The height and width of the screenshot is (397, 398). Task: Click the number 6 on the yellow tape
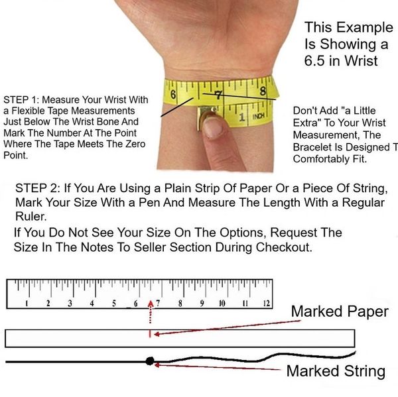click(173, 94)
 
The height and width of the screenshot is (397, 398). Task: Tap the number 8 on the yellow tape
click(263, 91)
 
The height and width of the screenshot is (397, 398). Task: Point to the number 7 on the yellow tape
click(218, 95)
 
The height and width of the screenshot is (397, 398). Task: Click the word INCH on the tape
click(259, 117)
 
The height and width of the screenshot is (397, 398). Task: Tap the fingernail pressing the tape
click(213, 128)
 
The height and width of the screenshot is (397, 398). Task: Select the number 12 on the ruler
click(267, 303)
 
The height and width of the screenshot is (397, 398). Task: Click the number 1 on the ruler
click(27, 304)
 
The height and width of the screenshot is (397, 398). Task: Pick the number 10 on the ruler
click(222, 303)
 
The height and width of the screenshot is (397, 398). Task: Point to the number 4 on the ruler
click(92, 304)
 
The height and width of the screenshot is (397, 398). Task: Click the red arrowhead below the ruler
click(151, 304)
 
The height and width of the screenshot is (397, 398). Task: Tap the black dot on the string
click(150, 361)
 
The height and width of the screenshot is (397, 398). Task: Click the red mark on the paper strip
click(150, 334)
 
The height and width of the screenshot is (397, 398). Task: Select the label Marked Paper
click(340, 312)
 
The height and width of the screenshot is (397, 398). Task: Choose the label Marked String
click(336, 371)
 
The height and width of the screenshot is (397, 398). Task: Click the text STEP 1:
click(21, 99)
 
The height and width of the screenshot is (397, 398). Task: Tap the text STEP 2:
click(38, 188)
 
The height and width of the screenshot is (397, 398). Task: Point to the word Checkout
click(284, 247)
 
